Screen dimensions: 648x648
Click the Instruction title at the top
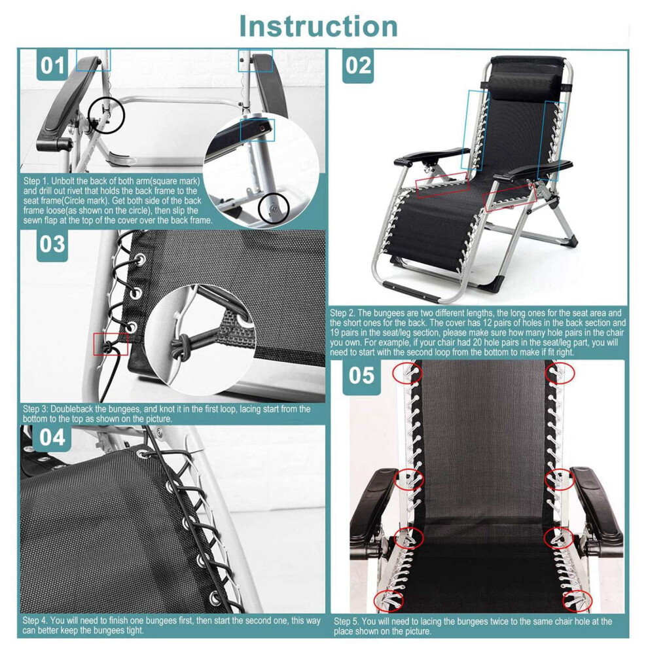318,26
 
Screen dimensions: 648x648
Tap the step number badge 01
52,65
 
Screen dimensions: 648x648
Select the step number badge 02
358,65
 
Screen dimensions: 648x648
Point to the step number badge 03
52,245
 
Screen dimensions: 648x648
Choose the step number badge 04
52,438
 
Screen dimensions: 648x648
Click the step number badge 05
361,376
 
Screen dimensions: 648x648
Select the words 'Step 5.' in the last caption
347,621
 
